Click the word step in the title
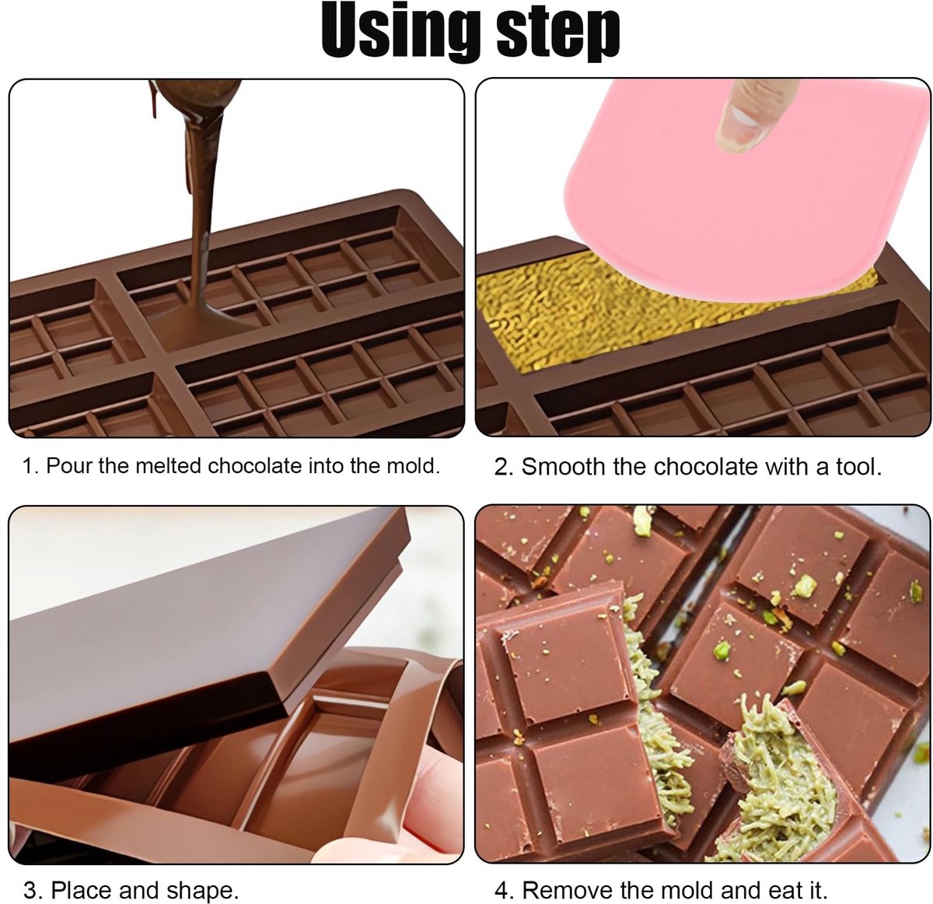click(558, 34)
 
